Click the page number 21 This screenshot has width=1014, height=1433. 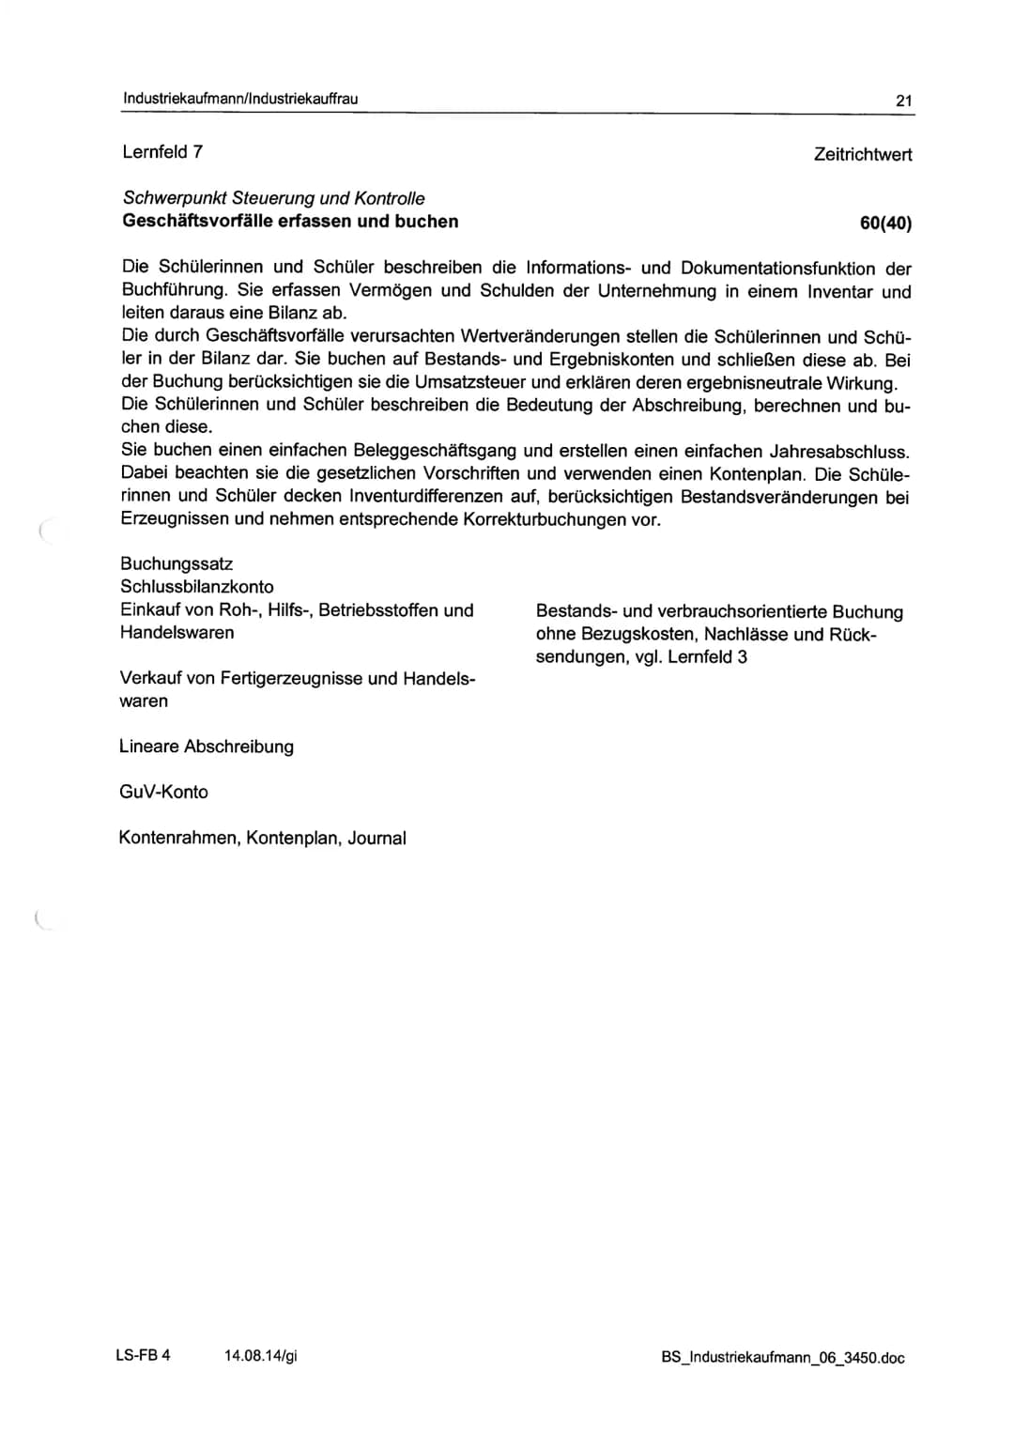[903, 100]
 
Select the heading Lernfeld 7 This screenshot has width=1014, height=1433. [162, 152]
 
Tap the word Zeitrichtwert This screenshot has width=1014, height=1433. [862, 154]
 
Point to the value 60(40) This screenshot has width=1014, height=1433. [884, 223]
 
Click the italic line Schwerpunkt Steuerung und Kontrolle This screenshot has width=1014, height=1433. [273, 198]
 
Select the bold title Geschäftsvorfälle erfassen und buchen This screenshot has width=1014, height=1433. [290, 222]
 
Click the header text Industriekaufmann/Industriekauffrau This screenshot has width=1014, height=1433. [239, 99]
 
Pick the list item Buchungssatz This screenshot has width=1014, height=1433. [177, 563]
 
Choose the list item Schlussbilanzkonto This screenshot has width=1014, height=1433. [197, 586]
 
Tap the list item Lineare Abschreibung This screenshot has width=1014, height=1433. [207, 747]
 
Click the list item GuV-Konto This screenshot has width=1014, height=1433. [163, 792]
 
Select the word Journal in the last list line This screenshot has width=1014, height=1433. [376, 838]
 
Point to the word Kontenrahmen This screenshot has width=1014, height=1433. [178, 838]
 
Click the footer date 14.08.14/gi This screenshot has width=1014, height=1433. [261, 1355]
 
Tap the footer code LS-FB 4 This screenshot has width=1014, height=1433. [143, 1355]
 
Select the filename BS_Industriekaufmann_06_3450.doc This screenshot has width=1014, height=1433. [782, 1358]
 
